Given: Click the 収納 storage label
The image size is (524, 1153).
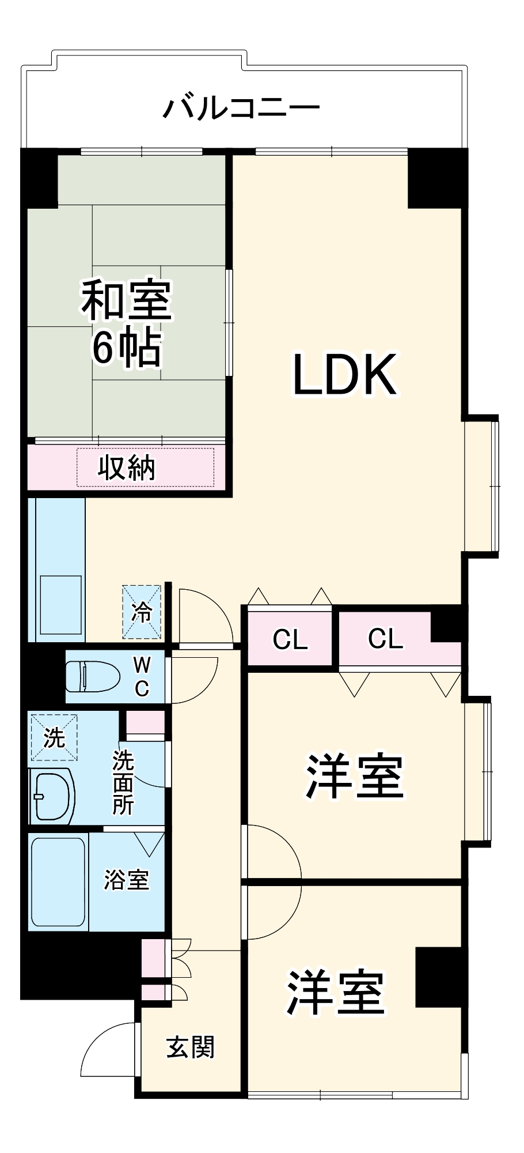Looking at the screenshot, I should (126, 468).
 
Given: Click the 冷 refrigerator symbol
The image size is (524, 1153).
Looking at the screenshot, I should (141, 612).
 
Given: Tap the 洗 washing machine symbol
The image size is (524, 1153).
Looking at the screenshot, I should (54, 737).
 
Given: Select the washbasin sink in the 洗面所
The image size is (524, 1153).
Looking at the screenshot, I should (53, 796).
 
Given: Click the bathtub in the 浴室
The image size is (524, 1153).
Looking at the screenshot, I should (58, 881).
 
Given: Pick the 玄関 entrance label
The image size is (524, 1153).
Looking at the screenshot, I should (191, 1048).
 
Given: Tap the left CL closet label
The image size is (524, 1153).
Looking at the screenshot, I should (290, 639).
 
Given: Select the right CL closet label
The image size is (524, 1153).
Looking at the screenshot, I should (385, 638).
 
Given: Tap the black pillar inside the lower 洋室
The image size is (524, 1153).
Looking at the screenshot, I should (438, 977).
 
